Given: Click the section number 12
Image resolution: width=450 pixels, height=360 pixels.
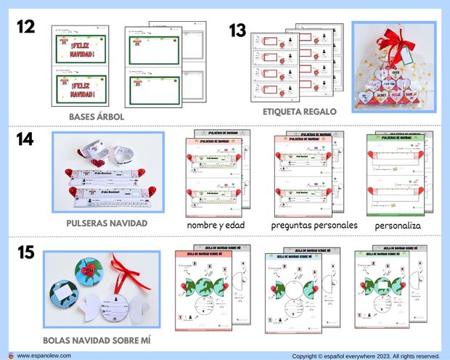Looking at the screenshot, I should (27, 27).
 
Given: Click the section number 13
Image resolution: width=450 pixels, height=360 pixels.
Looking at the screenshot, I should (237, 31).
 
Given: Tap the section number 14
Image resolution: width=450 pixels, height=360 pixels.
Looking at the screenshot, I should (26, 139).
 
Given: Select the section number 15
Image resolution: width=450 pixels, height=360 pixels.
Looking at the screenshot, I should (26, 253).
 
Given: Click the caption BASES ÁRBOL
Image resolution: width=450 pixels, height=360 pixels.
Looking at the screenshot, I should (97, 116).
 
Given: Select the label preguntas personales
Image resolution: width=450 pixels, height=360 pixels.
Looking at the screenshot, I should (314, 225).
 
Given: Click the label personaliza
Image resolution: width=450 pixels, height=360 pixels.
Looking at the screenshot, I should (398, 226).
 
